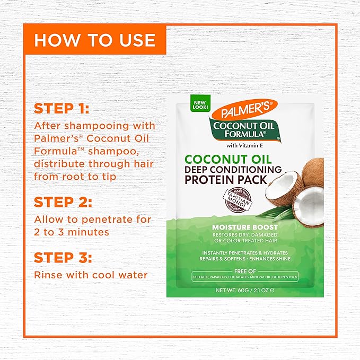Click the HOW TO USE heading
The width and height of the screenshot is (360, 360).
[x=95, y=40]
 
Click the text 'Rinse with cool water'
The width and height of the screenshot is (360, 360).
[x=91, y=275]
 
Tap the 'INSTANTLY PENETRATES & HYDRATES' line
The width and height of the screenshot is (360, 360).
[x=244, y=252]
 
